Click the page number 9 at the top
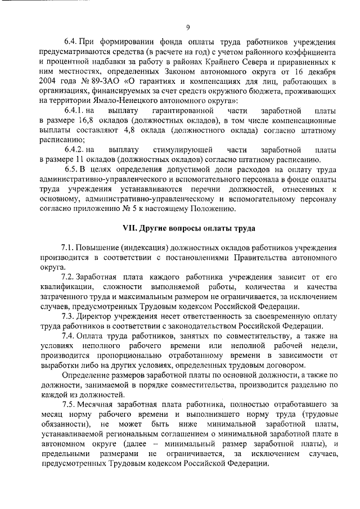click(x=188, y=26)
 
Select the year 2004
click(x=51, y=85)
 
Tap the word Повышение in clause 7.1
click(x=96, y=247)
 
